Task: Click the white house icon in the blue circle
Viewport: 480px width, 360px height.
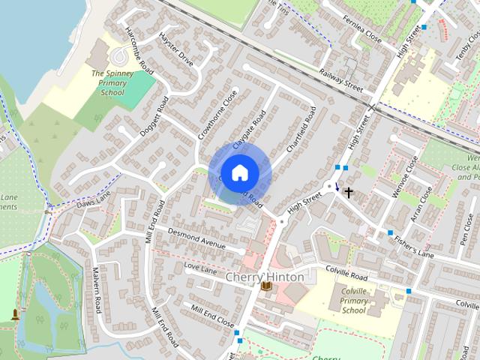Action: [239, 172]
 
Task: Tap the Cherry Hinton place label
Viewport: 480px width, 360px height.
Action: [265, 277]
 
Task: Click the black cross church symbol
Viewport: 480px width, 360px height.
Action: [348, 193]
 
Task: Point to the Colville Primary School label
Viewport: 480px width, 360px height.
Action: [354, 301]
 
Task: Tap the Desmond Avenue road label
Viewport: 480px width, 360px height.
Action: [196, 238]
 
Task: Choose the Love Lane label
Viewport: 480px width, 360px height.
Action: [199, 268]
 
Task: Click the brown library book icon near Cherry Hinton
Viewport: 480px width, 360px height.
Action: [266, 286]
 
